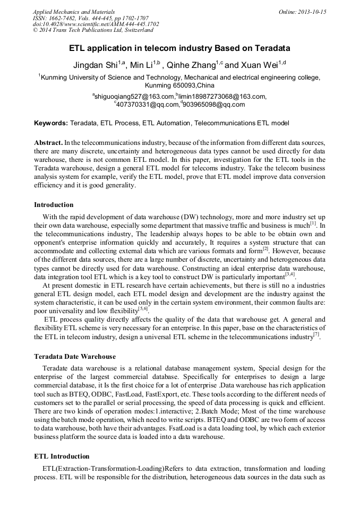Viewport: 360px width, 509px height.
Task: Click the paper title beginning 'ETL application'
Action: pyautogui.click(x=179, y=48)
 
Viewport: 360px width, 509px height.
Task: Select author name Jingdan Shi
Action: pyautogui.click(x=95, y=66)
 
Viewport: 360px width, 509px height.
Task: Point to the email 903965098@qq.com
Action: pyautogui.click(x=215, y=105)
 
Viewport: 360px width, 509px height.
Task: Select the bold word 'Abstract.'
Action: pyautogui.click(x=48, y=143)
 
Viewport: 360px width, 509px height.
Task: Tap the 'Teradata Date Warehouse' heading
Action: pyautogui.click(x=75, y=356)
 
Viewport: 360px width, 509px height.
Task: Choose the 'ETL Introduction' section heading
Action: pyautogui.click(x=62, y=456)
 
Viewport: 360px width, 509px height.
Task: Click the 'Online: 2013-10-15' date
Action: pyautogui.click(x=302, y=12)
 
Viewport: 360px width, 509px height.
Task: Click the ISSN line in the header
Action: pyautogui.click(x=91, y=18)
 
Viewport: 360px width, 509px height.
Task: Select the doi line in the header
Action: pyautogui.click(x=96, y=24)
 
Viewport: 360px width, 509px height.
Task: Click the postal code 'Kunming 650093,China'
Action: pyautogui.click(x=179, y=85)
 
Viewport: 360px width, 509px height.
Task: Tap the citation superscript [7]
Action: pyautogui.click(x=316, y=335)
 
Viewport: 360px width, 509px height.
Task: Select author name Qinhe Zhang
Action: pyautogui.click(x=191, y=66)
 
